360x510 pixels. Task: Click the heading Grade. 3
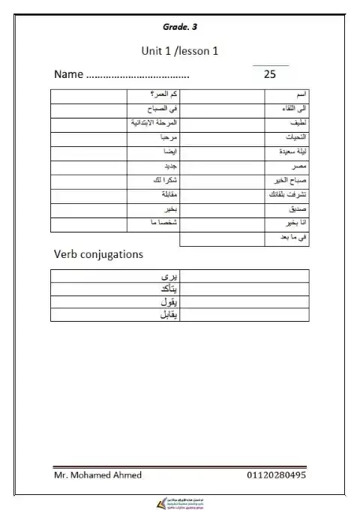(x=180, y=27)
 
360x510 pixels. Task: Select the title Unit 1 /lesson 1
(x=180, y=51)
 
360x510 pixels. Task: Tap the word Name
(x=67, y=75)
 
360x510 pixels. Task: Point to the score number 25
(x=270, y=75)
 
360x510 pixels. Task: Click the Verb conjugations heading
(x=98, y=254)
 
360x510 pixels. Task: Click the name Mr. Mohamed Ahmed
(x=98, y=475)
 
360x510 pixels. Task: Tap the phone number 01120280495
(x=275, y=475)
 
